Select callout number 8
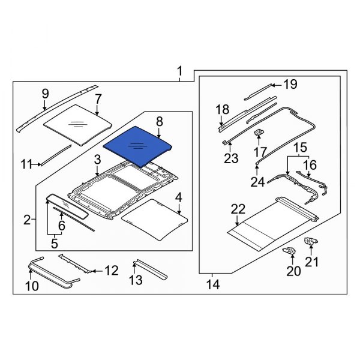159,122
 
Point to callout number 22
238,209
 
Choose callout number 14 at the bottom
212,284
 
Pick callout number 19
290,85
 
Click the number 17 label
260,152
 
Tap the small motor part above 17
260,132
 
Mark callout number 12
112,271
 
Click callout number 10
32,286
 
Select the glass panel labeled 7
78,125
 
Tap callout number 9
45,93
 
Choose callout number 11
26,164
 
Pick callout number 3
97,160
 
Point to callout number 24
257,182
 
